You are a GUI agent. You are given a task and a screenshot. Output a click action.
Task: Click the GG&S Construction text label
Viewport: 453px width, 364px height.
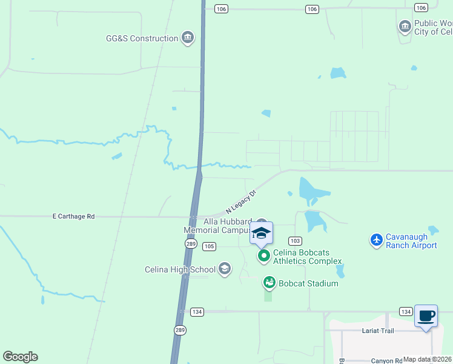[x=142, y=38]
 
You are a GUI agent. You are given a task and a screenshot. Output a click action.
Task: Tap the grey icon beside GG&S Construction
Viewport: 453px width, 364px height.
[x=188, y=38]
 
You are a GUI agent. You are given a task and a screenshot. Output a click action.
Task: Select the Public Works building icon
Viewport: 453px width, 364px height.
[x=405, y=27]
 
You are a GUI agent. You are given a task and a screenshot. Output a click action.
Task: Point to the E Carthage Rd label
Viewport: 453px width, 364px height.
[x=74, y=216]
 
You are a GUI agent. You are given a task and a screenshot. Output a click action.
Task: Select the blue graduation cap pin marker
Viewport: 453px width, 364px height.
[x=261, y=233]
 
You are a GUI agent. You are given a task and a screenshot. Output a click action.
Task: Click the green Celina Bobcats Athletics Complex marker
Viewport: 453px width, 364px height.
[x=264, y=256]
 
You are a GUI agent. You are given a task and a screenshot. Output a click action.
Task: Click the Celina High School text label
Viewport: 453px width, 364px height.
[x=180, y=269]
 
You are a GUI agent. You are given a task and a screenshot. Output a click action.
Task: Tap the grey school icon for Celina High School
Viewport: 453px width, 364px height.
[x=225, y=269]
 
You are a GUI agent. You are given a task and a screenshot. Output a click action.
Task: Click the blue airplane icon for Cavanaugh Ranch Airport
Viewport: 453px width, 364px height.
[x=376, y=240]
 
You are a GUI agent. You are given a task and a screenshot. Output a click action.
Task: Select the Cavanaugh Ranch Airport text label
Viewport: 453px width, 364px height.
[x=412, y=241]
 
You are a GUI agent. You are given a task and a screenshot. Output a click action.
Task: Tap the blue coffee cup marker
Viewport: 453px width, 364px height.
[x=426, y=315]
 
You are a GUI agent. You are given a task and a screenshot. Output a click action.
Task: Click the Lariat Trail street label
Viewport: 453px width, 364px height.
[x=379, y=331]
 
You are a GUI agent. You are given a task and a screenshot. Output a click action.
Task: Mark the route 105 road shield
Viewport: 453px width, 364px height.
[x=209, y=246]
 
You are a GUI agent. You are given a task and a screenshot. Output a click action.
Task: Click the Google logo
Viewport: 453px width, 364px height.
[x=21, y=357]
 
